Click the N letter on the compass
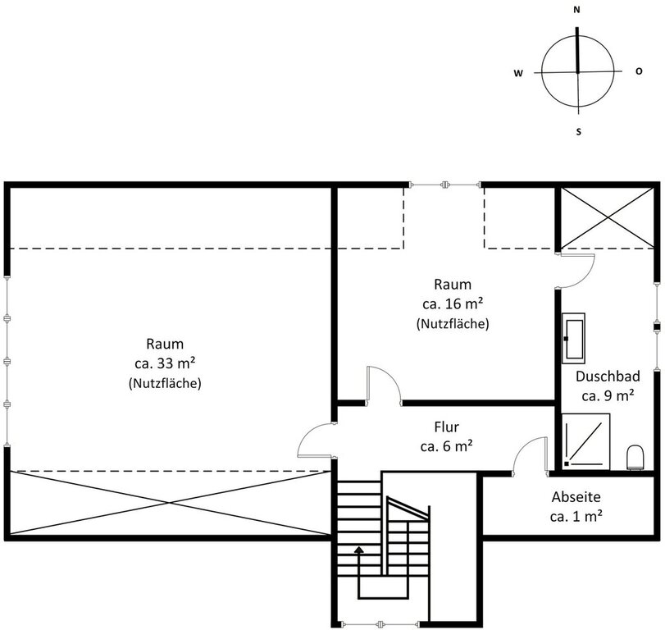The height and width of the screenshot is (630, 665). (x=577, y=10)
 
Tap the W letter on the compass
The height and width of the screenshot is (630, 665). (x=518, y=72)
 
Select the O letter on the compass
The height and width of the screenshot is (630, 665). (x=639, y=71)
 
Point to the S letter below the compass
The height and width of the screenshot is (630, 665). (x=578, y=131)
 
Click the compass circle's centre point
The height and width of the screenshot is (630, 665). (x=578, y=72)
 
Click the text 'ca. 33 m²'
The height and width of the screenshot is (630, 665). (x=165, y=363)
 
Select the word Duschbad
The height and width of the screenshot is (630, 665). (x=608, y=377)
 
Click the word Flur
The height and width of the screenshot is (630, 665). (x=446, y=427)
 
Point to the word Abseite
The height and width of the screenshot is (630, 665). (x=576, y=496)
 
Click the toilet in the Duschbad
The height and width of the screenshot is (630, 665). (x=635, y=456)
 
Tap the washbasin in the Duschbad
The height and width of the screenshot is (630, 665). (x=574, y=337)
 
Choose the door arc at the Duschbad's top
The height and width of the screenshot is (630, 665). (x=576, y=271)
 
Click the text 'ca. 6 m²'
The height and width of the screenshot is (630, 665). (x=446, y=446)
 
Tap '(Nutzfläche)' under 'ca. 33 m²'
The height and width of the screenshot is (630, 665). (x=165, y=382)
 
